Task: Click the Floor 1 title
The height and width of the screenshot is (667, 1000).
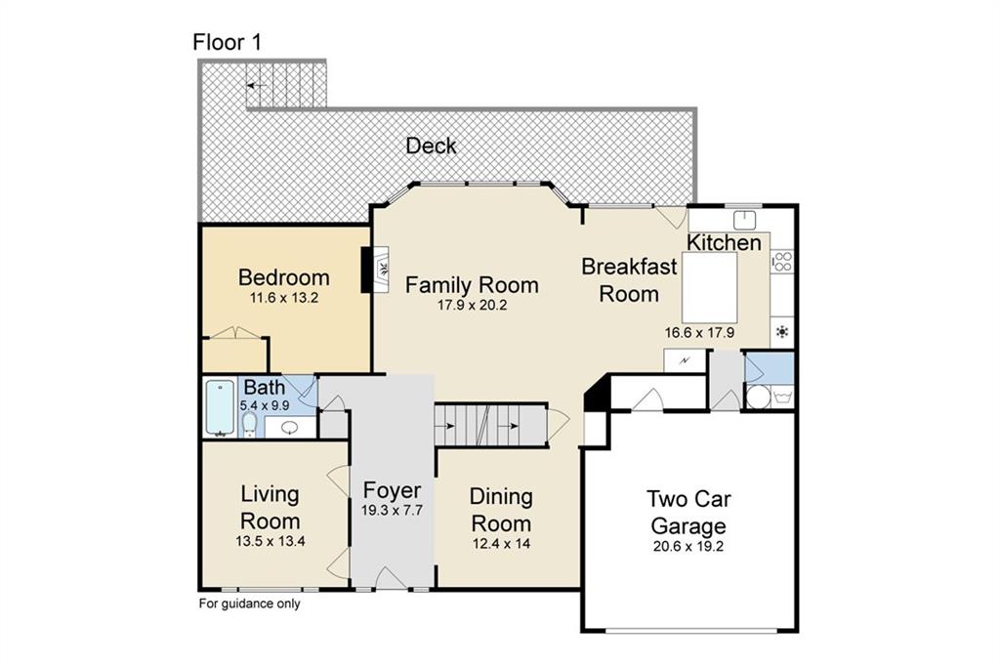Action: point(227,43)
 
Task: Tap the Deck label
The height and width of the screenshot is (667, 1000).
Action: point(431,146)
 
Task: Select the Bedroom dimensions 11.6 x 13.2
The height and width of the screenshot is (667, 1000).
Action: point(284,298)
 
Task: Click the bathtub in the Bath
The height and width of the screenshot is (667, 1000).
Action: point(221,408)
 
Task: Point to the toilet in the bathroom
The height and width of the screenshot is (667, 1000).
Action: point(249,425)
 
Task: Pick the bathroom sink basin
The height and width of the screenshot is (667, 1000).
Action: point(289,427)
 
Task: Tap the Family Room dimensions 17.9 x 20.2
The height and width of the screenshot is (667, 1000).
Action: point(472,306)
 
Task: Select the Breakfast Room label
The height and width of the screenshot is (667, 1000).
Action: point(629,280)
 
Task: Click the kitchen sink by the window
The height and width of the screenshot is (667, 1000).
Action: point(744,221)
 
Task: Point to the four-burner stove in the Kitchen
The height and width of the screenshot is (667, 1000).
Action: point(782,262)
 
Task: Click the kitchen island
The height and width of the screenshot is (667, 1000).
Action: point(709,287)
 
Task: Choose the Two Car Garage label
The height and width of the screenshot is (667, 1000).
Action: point(688,512)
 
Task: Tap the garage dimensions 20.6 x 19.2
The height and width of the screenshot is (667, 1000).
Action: point(688,547)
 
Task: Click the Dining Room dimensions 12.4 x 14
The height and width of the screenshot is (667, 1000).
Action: point(501,544)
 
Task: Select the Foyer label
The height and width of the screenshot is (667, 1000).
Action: point(393,490)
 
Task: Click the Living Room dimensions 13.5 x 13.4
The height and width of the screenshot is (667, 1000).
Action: point(271,541)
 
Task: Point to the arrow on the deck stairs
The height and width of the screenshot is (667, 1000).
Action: point(257,85)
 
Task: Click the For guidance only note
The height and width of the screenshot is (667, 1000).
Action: point(249,604)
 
